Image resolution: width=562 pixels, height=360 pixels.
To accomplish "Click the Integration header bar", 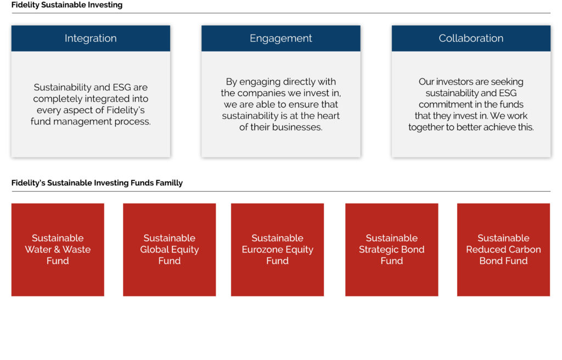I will point(91,38).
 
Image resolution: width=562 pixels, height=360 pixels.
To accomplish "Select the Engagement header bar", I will point(280,38).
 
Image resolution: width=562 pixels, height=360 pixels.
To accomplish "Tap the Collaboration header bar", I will point(471,38).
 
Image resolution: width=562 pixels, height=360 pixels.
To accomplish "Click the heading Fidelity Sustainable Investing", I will point(67,5).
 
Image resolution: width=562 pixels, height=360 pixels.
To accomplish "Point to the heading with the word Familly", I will point(97,183).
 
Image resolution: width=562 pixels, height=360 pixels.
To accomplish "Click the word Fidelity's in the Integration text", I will point(126,110).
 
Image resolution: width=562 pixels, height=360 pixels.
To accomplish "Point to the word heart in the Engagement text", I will point(328,116).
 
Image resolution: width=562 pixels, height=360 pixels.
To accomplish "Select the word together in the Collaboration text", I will point(426,127).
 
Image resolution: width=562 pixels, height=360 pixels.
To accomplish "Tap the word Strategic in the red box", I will point(379,250).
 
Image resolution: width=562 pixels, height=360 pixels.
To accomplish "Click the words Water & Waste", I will point(58,250).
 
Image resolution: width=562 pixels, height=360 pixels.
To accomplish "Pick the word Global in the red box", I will point(155,250).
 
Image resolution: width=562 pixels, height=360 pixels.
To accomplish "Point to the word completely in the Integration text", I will point(57,99).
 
